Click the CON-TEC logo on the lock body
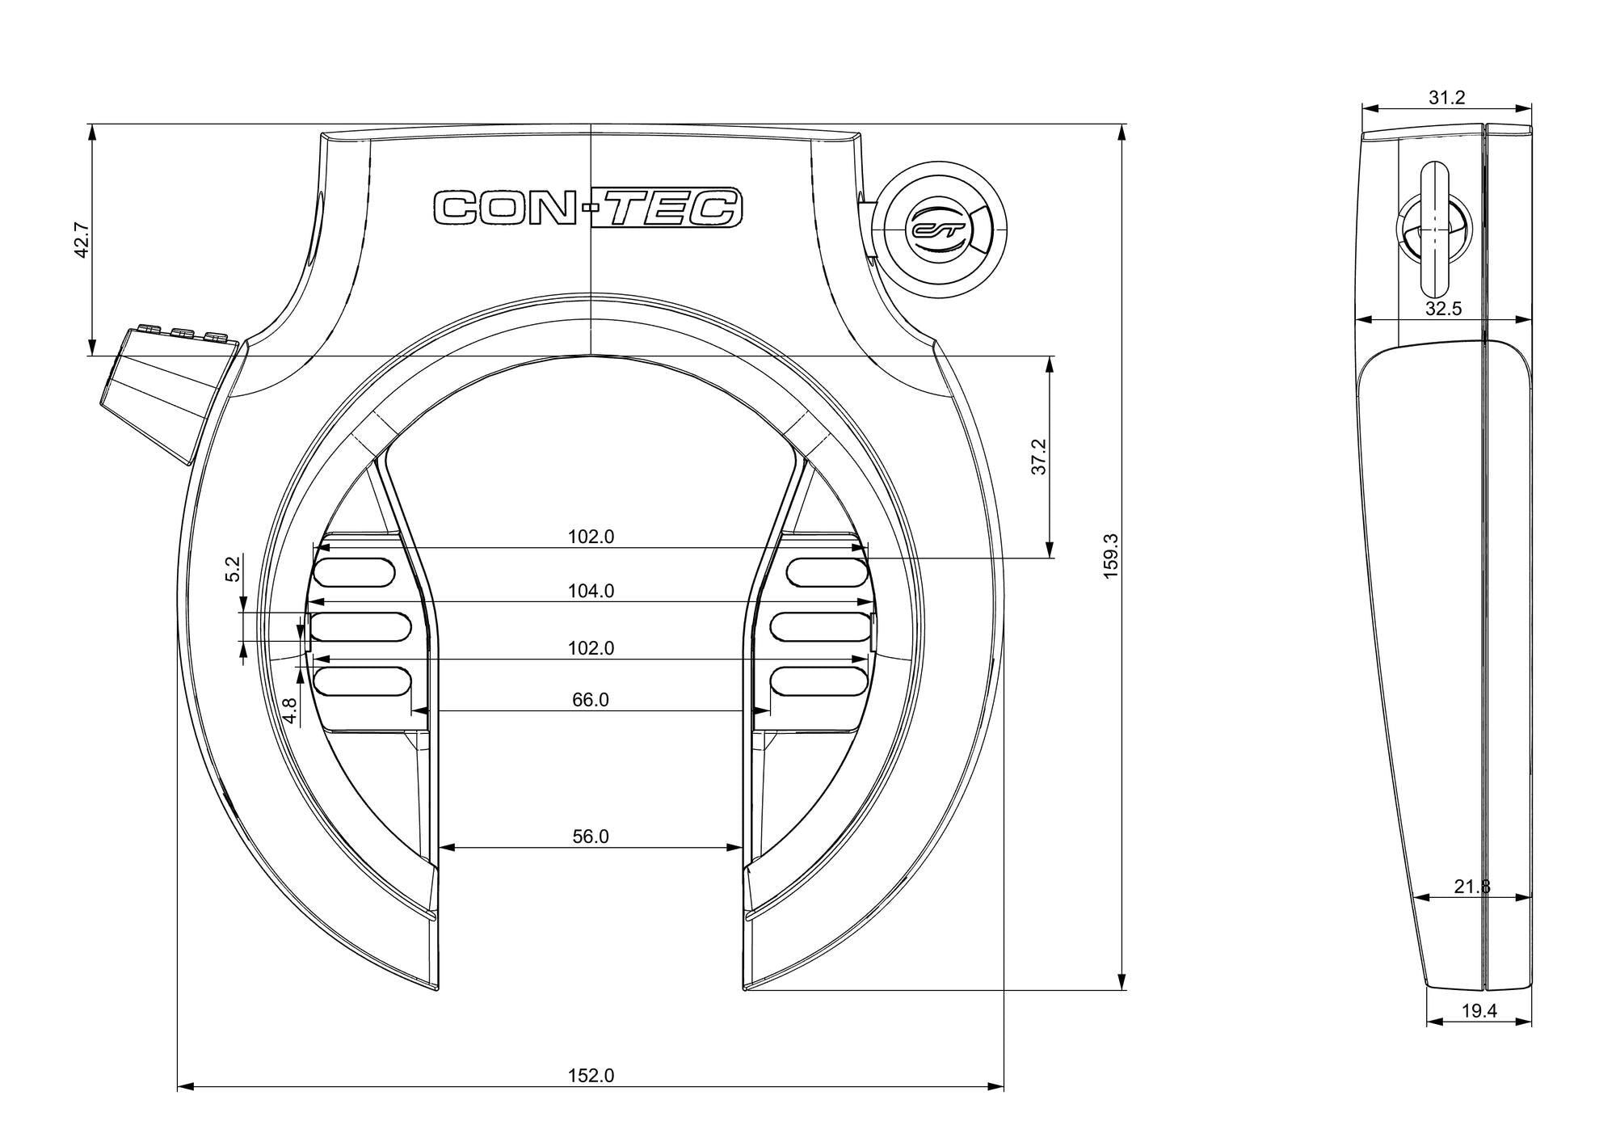[x=588, y=209]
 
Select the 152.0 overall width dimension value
[x=591, y=1076]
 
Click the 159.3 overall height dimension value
[x=1111, y=556]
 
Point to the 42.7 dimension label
[x=81, y=239]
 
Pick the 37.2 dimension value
[x=1040, y=457]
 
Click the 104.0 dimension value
[x=591, y=592]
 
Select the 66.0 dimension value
[x=591, y=700]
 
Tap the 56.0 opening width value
[x=591, y=837]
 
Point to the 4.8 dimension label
[x=290, y=710]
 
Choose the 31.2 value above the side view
[x=1446, y=98]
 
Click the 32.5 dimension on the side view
[x=1443, y=309]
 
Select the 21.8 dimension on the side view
[x=1471, y=887]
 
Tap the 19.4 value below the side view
[x=1479, y=1011]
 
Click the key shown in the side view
[x=1435, y=230]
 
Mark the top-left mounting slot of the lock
[x=355, y=572]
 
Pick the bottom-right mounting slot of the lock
[x=819, y=681]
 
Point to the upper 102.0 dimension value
[x=591, y=537]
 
